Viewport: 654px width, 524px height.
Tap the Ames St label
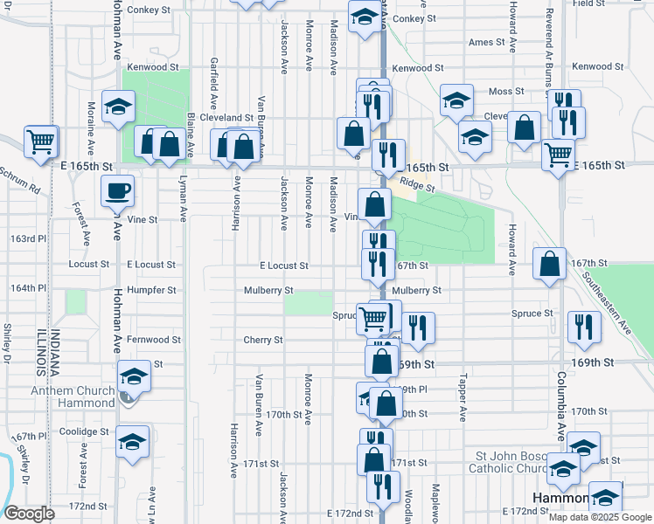487,42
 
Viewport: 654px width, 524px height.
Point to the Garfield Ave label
213,76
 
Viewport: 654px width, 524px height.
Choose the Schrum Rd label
21,180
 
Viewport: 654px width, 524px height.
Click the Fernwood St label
152,340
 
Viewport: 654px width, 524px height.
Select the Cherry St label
263,340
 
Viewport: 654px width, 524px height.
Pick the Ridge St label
416,184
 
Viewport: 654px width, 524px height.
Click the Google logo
29,514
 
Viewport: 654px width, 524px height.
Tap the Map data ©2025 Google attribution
600,517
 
